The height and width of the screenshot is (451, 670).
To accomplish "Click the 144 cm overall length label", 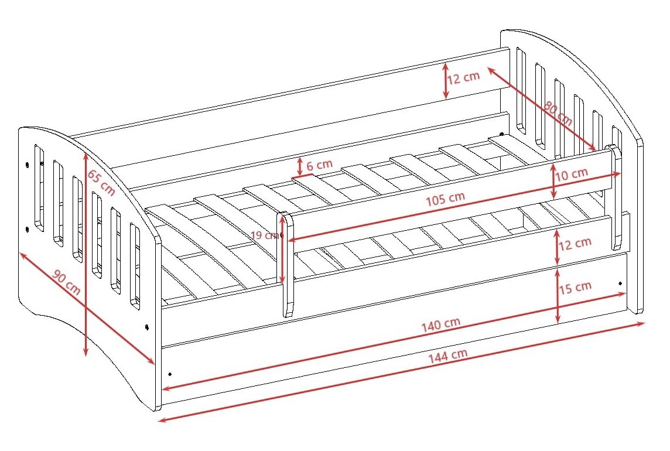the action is (x=448, y=356).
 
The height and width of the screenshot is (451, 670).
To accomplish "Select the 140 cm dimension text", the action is (x=440, y=324).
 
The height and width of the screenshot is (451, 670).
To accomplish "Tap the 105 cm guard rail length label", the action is (x=445, y=199).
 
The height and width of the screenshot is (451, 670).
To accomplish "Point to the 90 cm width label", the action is (x=66, y=282).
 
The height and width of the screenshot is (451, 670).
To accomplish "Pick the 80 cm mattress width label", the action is (x=558, y=113).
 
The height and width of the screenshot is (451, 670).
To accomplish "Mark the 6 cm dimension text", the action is (x=319, y=165).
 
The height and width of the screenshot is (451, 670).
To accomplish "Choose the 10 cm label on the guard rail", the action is (x=571, y=174).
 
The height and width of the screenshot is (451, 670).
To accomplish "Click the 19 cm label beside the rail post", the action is (x=265, y=235).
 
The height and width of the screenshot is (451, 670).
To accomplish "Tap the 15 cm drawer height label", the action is (x=575, y=287).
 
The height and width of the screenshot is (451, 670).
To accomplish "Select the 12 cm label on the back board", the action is (x=463, y=77).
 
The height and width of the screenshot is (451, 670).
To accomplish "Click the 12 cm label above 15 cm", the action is (x=575, y=244).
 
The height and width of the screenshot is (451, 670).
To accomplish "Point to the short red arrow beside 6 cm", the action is (x=299, y=167).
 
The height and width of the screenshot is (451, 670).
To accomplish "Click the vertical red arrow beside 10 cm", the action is (x=554, y=181).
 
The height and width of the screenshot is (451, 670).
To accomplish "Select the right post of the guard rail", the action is (x=616, y=197).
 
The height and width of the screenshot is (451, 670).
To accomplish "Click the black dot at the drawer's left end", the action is (x=170, y=374).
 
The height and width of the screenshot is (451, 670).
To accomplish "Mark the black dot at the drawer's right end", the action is (x=620, y=283).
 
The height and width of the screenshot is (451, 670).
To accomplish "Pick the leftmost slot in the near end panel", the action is (x=39, y=188).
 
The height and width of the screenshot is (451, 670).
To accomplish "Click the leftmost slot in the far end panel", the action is (x=521, y=90).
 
